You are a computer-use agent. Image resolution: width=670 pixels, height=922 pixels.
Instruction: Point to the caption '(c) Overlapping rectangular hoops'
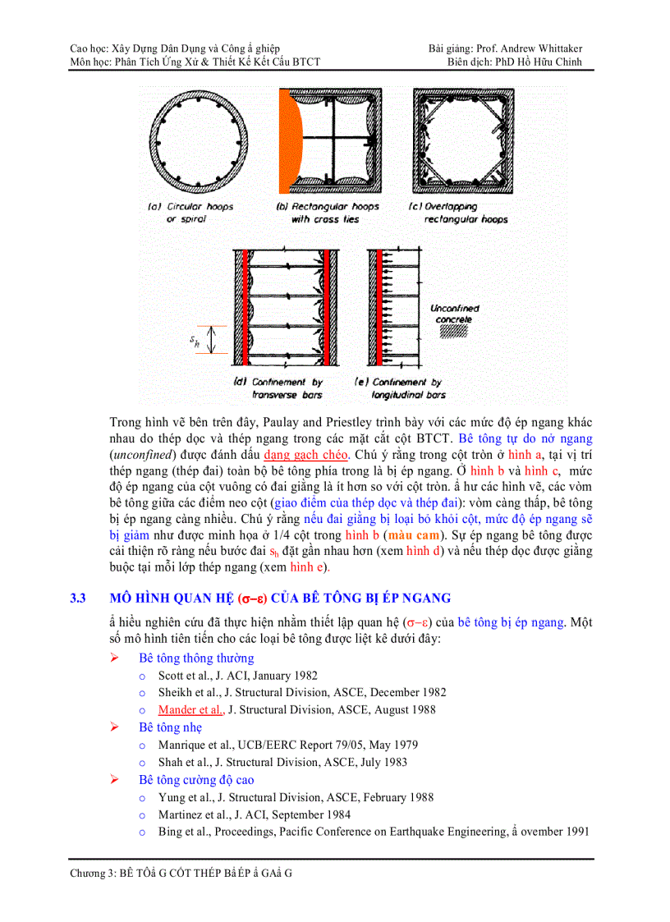pos(458,213)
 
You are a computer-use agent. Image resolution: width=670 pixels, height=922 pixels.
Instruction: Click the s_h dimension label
pos(195,341)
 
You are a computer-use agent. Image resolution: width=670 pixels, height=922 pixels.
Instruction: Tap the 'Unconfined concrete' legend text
pos(454,314)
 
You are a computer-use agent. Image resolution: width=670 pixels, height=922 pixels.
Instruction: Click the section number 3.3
pos(79,598)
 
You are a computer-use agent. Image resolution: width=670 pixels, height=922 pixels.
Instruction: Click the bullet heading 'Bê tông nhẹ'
pos(170,727)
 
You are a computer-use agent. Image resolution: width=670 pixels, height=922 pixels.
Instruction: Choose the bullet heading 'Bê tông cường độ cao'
pos(196,780)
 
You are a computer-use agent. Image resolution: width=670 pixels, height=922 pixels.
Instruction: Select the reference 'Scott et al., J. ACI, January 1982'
pos(237,676)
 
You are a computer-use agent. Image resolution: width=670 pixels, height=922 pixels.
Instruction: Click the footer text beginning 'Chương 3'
pos(181,873)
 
